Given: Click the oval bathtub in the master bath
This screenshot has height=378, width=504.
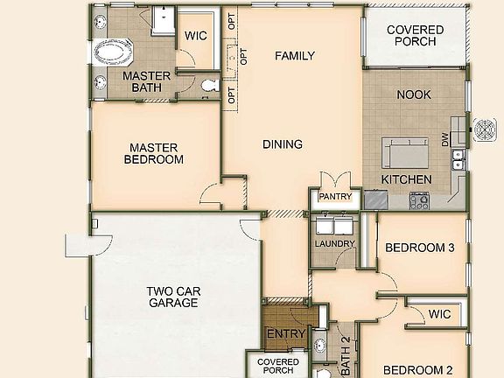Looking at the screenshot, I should click(x=112, y=52).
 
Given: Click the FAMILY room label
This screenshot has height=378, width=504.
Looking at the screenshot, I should click(x=294, y=56).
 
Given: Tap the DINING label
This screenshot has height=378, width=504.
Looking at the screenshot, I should click(x=282, y=144).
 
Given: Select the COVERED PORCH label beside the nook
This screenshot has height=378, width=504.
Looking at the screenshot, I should click(x=416, y=36).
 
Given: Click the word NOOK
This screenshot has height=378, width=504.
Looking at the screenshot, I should click(x=414, y=94).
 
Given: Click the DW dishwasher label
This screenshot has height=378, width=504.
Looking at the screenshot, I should click(x=445, y=138).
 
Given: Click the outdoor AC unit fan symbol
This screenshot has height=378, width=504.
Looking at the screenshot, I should click(x=483, y=130).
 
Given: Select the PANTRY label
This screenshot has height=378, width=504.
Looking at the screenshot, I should click(x=335, y=197).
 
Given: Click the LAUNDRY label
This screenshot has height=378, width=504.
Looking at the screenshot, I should click(x=335, y=243).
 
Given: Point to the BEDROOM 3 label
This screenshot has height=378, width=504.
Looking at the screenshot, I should click(x=419, y=248).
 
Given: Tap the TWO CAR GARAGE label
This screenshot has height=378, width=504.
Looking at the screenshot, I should click(x=172, y=297).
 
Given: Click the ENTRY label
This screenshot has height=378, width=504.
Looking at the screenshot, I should click(x=285, y=333).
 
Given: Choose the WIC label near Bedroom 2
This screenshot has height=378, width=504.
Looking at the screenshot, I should click(x=440, y=314).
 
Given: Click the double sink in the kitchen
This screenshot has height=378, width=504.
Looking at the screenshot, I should click(x=457, y=158).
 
